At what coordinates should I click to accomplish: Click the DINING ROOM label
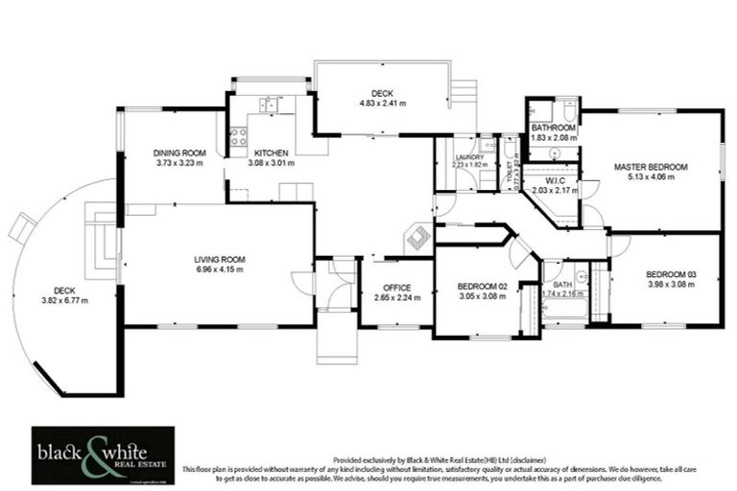(180, 152)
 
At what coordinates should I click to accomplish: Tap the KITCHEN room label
(272, 152)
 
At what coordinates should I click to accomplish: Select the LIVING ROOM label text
(219, 259)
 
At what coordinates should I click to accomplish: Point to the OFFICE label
(396, 287)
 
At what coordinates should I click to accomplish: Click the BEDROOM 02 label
(482, 287)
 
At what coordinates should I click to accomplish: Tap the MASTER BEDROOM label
(651, 167)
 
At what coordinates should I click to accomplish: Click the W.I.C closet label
(556, 180)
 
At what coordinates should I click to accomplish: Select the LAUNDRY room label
(470, 156)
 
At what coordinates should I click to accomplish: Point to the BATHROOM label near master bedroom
(554, 128)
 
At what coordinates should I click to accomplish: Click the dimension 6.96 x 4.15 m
(219, 269)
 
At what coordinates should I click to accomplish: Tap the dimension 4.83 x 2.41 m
(382, 103)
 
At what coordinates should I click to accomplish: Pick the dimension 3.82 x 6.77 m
(63, 299)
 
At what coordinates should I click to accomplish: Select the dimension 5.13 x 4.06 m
(651, 177)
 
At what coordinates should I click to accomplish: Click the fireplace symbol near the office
(418, 237)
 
